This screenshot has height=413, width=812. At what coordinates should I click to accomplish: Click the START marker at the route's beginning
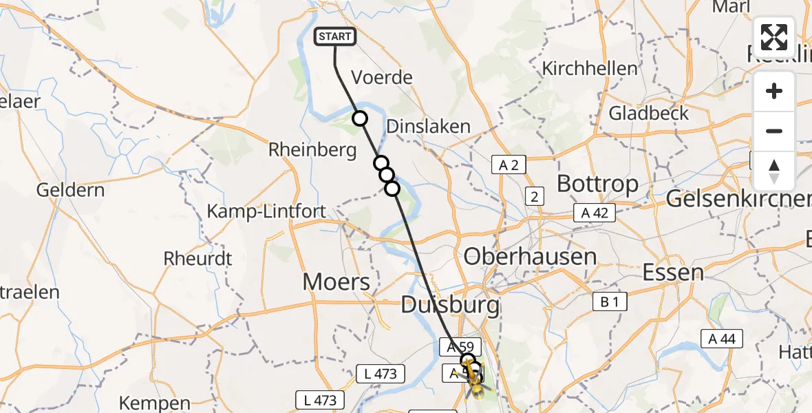[x=335, y=36]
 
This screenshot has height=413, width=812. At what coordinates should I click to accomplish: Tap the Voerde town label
[x=382, y=77]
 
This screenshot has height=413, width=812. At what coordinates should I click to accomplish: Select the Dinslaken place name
[x=428, y=127]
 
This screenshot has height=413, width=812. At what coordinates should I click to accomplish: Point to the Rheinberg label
[x=313, y=149]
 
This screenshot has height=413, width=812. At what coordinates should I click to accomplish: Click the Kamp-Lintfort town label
[x=266, y=211]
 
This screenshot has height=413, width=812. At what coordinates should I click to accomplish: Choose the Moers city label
[x=337, y=281]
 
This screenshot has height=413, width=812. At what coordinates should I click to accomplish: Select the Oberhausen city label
[x=530, y=257]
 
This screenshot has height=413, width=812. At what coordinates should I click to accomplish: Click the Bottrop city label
[x=597, y=184]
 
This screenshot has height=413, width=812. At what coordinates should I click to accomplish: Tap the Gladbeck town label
[x=648, y=113]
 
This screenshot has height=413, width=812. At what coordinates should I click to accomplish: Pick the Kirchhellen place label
[x=590, y=69]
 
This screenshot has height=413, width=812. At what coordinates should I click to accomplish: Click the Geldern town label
[x=72, y=190]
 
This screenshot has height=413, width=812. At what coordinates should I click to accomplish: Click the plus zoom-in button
[x=774, y=91]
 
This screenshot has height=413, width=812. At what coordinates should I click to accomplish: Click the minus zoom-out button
[x=774, y=131]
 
